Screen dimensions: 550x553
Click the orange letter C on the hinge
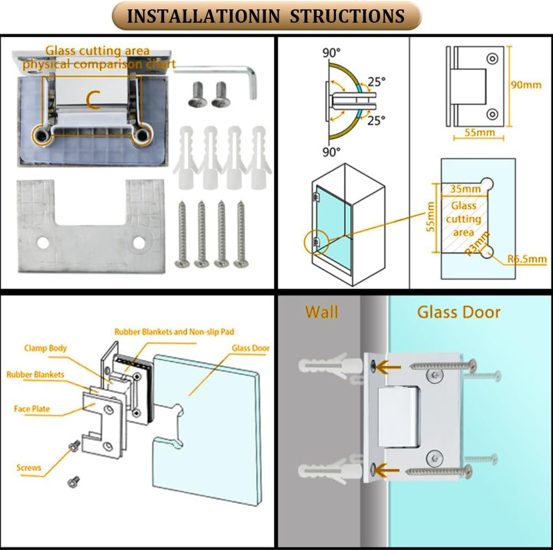93,98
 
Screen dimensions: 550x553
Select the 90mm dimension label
526,85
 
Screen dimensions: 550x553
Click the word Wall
321,312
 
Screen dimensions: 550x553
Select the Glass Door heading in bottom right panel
458,312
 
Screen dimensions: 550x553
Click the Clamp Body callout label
45,348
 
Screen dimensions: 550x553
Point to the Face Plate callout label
32,409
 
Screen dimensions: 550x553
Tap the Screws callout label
29,468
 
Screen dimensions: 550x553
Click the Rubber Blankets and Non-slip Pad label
174,332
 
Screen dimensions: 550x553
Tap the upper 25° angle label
377,82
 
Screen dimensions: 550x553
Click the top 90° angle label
332,54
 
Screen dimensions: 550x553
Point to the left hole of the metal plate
42,242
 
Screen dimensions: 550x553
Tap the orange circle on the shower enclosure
316,242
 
